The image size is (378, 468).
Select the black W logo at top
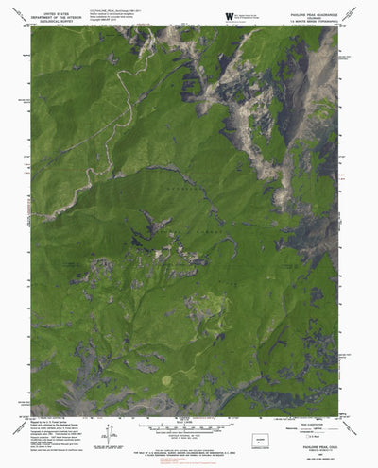[230, 14]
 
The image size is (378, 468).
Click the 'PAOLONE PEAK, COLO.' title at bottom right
[322, 437]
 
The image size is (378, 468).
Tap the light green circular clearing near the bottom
[169, 352]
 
